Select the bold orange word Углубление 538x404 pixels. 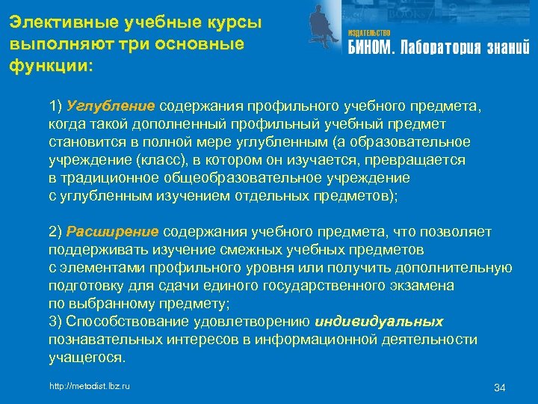pos(111,106)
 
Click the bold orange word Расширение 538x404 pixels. pos(113,231)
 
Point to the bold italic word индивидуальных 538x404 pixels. pos(380,322)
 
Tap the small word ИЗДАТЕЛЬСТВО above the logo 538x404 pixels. pos(369,34)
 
